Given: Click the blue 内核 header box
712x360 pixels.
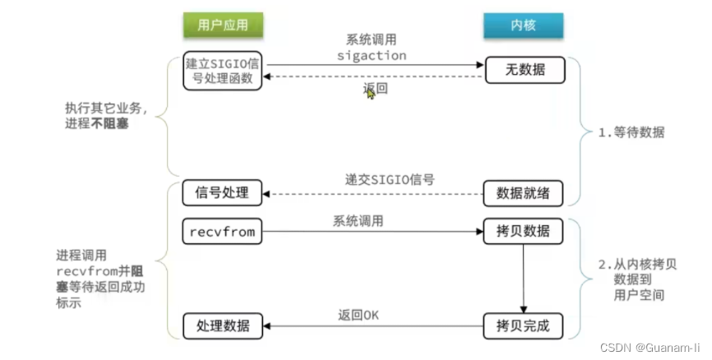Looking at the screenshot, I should [x=523, y=25].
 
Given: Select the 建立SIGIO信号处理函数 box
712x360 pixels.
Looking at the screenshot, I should [x=224, y=71].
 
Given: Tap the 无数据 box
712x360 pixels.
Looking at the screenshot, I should [x=525, y=71].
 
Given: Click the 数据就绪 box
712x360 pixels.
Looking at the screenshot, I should [x=525, y=193].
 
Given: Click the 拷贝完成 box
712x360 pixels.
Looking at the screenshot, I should [x=525, y=325].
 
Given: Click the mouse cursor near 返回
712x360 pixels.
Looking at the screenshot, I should [x=371, y=95].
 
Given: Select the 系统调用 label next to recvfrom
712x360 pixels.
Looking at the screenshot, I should [x=358, y=220].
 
